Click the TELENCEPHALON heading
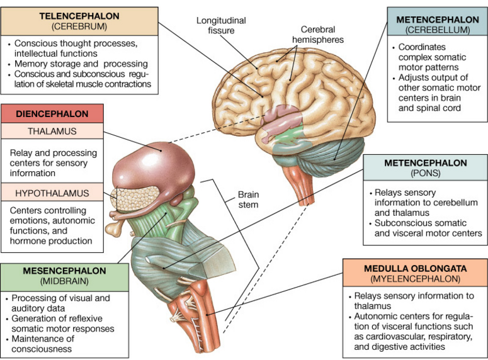coord(79,16)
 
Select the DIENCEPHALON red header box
coord(52,113)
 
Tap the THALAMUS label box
coord(52,131)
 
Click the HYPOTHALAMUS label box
coord(52,193)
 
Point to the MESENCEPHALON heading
coord(64,271)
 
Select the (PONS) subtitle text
coord(426,173)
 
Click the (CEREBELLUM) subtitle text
coord(438,30)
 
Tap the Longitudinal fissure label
coord(221,26)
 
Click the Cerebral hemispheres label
coord(318,35)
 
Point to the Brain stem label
coord(248,200)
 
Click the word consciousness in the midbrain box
coord(42,349)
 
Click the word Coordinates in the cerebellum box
coord(422,47)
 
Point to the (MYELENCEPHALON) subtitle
coord(415,279)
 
